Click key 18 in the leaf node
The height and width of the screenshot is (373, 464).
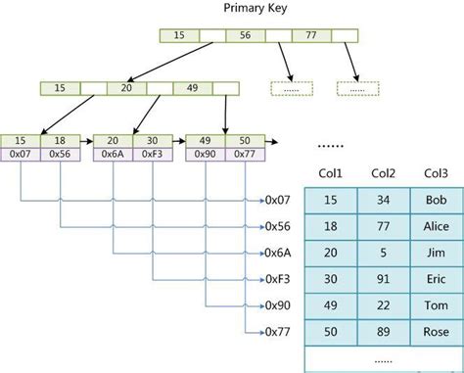[x=60, y=141]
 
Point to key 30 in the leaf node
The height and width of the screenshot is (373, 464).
[x=152, y=141]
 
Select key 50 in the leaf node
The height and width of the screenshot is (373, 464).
[x=244, y=141]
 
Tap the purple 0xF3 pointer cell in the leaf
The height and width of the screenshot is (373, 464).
[x=152, y=155]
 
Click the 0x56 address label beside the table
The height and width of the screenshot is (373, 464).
[x=279, y=225]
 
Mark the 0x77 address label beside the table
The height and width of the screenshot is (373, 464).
[x=279, y=331]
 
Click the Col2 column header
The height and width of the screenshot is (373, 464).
[x=383, y=173]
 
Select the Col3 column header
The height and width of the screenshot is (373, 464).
[x=436, y=173]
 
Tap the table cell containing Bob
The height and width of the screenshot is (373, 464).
[x=436, y=200]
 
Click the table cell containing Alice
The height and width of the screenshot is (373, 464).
[x=436, y=226]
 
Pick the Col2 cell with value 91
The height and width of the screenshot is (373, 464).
[x=383, y=279]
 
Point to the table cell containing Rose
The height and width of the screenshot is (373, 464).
[x=436, y=332]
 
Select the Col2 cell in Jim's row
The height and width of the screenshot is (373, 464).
[x=383, y=253]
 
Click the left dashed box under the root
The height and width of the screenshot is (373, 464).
[x=288, y=88]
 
